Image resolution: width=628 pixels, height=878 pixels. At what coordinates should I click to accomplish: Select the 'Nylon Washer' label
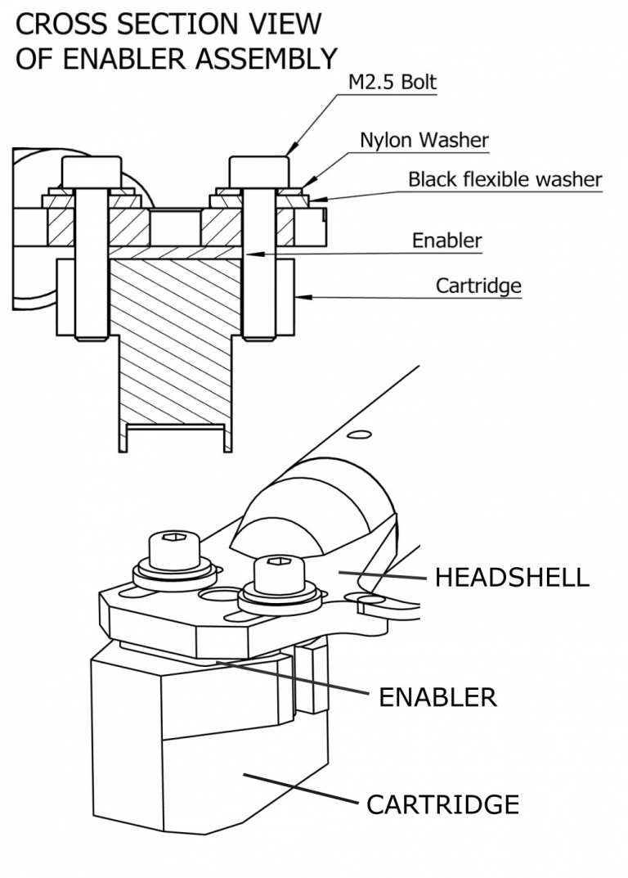coord(424,140)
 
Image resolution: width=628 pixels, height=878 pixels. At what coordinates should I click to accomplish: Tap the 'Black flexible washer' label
coord(505,179)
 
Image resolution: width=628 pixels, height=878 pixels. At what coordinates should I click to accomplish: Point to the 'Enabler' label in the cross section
coord(446,241)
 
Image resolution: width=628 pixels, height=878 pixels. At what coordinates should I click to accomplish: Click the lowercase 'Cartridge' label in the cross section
coord(478,286)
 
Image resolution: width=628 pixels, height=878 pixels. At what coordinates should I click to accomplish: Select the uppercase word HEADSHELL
coord(511,577)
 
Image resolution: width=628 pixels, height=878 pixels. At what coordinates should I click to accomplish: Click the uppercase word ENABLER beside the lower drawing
coord(437,697)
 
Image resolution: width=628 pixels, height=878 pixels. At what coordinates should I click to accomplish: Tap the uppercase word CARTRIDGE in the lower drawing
coord(442,804)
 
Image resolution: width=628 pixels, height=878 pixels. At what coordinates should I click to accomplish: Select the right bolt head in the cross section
coord(259,171)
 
